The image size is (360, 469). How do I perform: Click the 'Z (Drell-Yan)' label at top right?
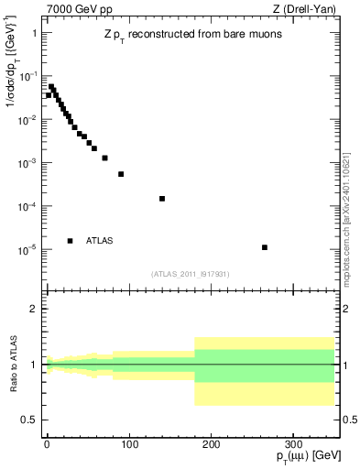coord(307,8)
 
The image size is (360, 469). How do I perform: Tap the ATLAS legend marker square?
coord(70,241)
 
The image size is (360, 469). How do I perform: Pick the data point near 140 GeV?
coord(162,199)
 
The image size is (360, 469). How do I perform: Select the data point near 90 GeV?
coord(121,174)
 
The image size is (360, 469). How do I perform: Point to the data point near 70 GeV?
coord(104,158)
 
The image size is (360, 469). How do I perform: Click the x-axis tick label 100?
coord(129,445)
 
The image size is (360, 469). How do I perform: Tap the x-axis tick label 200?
coord(212,445)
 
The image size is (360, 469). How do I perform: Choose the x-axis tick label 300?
coord(293,445)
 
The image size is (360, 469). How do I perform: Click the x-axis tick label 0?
coord(47,445)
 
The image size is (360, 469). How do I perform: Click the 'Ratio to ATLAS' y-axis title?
coord(13,365)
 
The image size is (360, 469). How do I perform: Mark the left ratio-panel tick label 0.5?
coord(29,420)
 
